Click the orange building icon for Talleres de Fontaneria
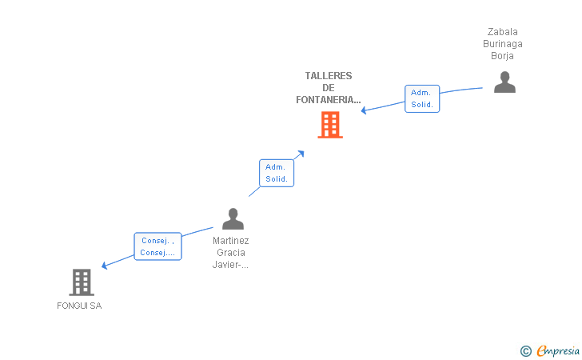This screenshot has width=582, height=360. [330, 125]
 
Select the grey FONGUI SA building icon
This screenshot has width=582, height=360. [81, 282]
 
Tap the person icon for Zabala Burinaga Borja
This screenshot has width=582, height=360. [504, 82]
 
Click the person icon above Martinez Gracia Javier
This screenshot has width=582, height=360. [233, 218]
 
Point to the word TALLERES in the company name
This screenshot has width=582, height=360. [328, 76]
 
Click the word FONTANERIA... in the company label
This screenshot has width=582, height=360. [328, 100]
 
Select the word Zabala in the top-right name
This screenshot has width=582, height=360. [503, 32]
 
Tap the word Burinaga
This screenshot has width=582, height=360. [503, 44]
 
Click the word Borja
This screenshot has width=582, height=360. [503, 56]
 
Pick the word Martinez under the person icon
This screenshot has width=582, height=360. [231, 240]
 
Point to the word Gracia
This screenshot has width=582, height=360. [231, 253]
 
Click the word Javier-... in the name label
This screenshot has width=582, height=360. [231, 266]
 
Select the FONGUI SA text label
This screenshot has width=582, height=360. [79, 306]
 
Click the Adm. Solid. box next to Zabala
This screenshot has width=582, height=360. [421, 98]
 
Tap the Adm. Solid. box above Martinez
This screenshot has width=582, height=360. [277, 173]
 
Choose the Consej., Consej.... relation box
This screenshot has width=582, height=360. [157, 246]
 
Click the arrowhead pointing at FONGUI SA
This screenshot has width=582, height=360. [105, 266]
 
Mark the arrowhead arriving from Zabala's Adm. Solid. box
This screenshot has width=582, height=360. [365, 110]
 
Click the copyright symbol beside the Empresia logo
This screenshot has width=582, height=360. [525, 350]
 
